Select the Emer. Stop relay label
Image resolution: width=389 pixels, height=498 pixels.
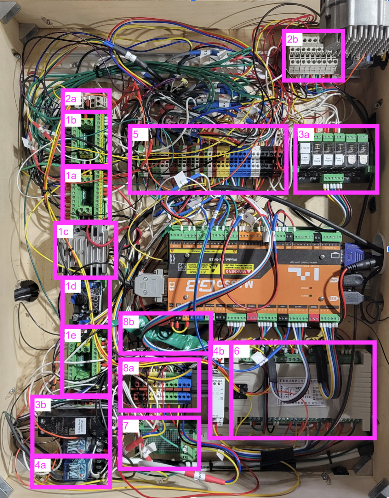(x=339, y=159)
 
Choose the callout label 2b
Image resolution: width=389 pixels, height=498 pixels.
(x=292, y=39)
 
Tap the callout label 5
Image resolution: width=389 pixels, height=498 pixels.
(x=136, y=134)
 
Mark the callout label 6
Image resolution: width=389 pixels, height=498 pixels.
(x=237, y=351)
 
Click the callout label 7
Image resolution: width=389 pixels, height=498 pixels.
(x=126, y=426)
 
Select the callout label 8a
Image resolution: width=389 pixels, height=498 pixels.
(x=129, y=368)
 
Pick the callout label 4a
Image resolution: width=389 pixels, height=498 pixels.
(x=40, y=465)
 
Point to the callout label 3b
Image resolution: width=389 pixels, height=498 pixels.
(x=41, y=404)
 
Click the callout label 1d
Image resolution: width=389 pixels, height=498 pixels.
(x=71, y=286)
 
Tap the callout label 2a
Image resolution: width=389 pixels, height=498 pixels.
(x=71, y=99)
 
